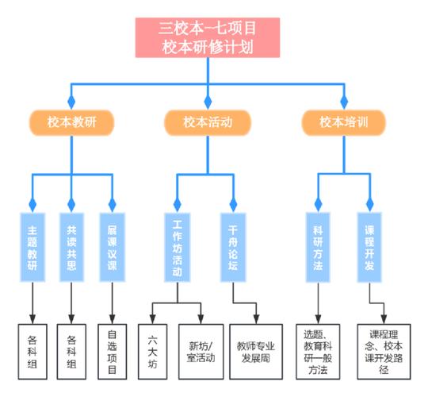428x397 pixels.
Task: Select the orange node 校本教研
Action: click(71, 122)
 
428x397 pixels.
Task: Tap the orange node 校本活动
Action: click(207, 122)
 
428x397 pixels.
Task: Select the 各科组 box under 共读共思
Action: click(72, 350)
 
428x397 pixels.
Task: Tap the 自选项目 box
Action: click(112, 350)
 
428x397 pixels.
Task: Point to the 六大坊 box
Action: click(151, 350)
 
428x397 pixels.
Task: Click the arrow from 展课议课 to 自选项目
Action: click(112, 302)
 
